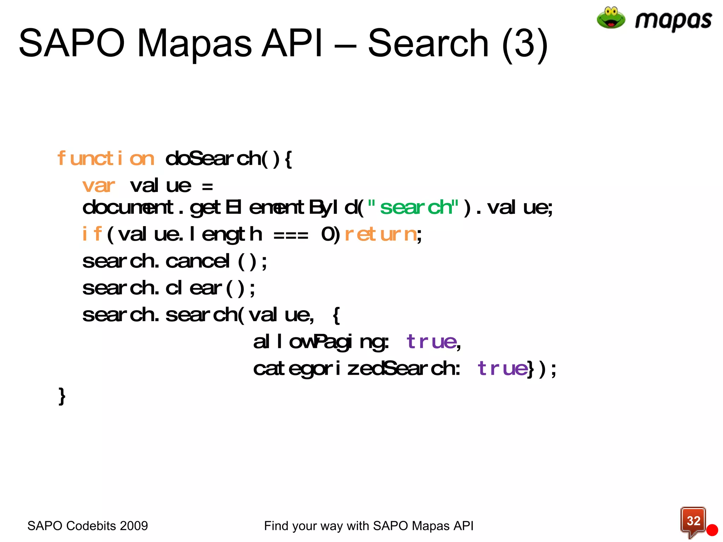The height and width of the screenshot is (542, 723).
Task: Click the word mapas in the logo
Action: [x=673, y=20]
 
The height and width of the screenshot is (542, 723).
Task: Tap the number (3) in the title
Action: [x=525, y=44]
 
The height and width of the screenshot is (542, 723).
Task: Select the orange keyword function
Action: [x=106, y=158]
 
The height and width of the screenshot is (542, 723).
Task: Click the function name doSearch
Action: [x=213, y=158]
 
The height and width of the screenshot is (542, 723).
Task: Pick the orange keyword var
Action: [x=98, y=186]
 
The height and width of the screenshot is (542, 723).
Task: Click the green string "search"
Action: [x=413, y=207]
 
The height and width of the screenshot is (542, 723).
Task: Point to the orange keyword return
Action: [x=381, y=234]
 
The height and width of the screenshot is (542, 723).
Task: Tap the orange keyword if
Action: [x=92, y=234]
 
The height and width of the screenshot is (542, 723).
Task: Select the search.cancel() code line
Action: [x=174, y=261]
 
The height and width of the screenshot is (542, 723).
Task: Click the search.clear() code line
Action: [x=168, y=288]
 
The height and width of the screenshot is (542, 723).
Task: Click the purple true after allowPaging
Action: [x=431, y=342]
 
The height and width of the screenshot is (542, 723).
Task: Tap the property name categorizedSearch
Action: [x=356, y=369]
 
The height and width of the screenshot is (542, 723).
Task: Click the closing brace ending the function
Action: [x=62, y=396]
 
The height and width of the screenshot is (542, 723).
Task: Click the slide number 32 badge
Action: [x=693, y=521]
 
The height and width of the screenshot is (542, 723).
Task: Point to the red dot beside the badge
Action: [x=712, y=530]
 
